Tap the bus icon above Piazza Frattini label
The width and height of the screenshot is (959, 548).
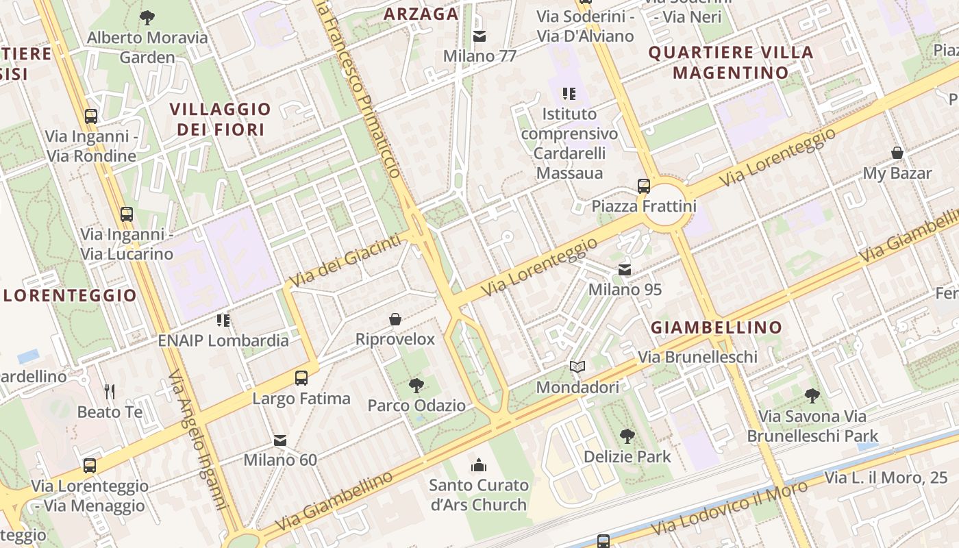click(x=643, y=186)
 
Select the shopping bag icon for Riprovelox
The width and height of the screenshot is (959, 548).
click(x=395, y=319)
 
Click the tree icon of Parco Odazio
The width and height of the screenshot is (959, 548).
click(x=416, y=386)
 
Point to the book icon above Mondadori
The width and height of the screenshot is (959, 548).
click(x=577, y=367)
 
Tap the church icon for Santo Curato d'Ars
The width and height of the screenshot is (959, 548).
click(x=479, y=466)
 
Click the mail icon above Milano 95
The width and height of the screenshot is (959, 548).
click(x=625, y=270)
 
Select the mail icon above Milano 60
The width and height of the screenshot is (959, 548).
click(x=280, y=440)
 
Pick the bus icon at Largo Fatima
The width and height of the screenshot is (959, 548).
click(x=301, y=377)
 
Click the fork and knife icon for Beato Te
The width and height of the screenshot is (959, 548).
click(x=110, y=391)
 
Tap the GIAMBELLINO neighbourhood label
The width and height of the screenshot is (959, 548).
click(x=716, y=327)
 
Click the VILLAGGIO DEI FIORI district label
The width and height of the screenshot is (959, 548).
click(x=221, y=119)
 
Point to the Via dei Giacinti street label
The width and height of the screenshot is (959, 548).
click(x=345, y=260)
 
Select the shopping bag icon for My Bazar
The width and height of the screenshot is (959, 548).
click(x=897, y=153)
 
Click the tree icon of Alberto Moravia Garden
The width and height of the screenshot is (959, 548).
click(x=147, y=18)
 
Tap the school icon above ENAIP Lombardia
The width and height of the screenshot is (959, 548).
click(x=223, y=320)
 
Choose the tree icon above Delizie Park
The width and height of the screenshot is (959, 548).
click(x=627, y=436)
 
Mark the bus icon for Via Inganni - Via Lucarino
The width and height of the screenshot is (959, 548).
click(x=127, y=214)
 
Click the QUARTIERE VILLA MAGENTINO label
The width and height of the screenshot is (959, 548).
click(x=731, y=62)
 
